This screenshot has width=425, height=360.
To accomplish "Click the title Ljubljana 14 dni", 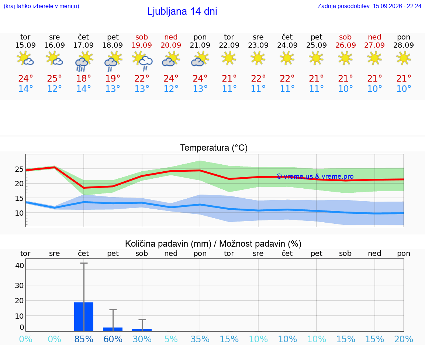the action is pyautogui.click(x=182, y=11).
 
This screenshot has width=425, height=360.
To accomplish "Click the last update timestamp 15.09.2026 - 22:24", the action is pyautogui.click(x=397, y=6).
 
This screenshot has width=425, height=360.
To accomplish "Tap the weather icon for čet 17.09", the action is pyautogui.click(x=84, y=61).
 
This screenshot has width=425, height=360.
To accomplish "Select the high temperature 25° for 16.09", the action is pyautogui.click(x=55, y=78).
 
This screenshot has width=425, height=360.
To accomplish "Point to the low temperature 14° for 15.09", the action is pyautogui.click(x=25, y=89).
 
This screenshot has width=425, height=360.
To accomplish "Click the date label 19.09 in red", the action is pyautogui.click(x=142, y=45).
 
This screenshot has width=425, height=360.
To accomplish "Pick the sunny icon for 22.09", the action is pyautogui.click(x=229, y=58).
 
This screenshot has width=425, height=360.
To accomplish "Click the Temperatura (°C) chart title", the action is pyautogui.click(x=214, y=148).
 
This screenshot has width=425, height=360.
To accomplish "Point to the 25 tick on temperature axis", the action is pyautogui.click(x=19, y=169).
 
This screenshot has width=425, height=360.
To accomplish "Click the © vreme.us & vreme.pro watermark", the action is pyautogui.click(x=315, y=176).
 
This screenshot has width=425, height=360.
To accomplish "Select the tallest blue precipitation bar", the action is pyautogui.click(x=84, y=316).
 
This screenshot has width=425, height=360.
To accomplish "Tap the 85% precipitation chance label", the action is pyautogui.click(x=84, y=339).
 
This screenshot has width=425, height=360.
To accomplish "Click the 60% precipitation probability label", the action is pyautogui.click(x=113, y=339).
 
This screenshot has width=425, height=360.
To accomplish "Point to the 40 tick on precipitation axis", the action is pyautogui.click(x=20, y=265).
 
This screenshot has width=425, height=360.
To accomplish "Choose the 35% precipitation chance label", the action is pyautogui.click(x=200, y=339).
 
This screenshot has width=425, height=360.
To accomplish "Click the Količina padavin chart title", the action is pyautogui.click(x=213, y=244).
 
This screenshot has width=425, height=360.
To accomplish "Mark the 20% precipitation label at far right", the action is pyautogui.click(x=404, y=339).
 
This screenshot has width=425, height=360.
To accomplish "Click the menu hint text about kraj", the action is pyautogui.click(x=41, y=6).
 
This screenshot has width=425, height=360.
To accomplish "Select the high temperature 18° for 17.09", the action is pyautogui.click(x=83, y=78).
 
